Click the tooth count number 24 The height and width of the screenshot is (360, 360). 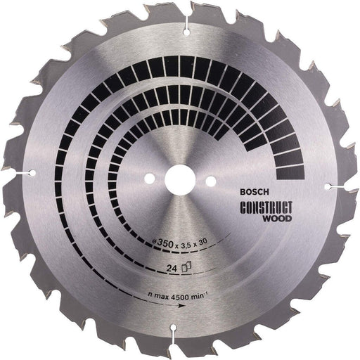click(171, 267)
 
